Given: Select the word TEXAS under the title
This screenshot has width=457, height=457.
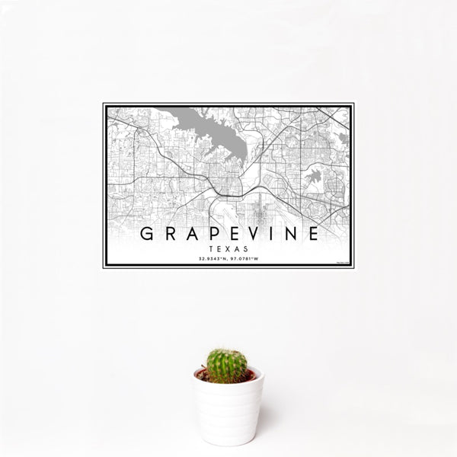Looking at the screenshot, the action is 228,248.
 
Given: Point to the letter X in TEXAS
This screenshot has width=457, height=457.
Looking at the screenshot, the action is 228,248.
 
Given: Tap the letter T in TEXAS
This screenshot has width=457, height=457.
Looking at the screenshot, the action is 216,248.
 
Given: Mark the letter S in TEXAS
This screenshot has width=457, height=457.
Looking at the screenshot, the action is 241,248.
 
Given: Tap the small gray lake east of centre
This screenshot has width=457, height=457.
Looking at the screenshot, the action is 313,177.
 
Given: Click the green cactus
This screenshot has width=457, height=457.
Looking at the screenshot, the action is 227,365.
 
